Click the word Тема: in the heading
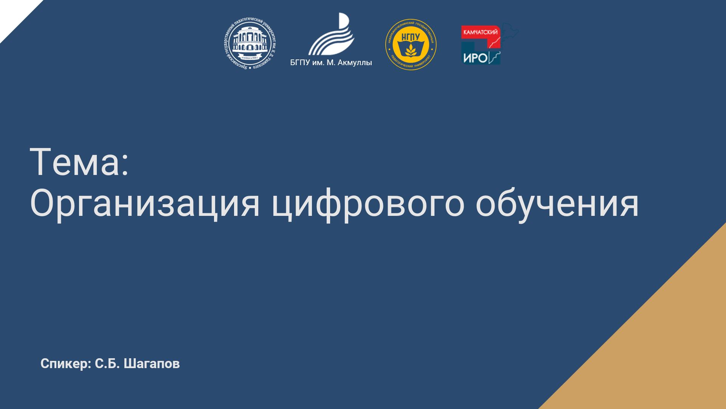[79, 162]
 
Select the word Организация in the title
[145, 204]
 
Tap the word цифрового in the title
[368, 204]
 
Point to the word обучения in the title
[557, 204]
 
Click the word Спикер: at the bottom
[66, 364]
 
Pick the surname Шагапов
[152, 364]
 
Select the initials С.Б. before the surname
[107, 364]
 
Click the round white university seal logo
[250, 44]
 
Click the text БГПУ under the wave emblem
[300, 62]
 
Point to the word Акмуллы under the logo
[355, 63]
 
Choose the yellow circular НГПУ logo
[411, 45]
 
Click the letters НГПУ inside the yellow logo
[411, 37]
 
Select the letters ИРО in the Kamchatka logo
[475, 58]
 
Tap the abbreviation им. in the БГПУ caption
[318, 63]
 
